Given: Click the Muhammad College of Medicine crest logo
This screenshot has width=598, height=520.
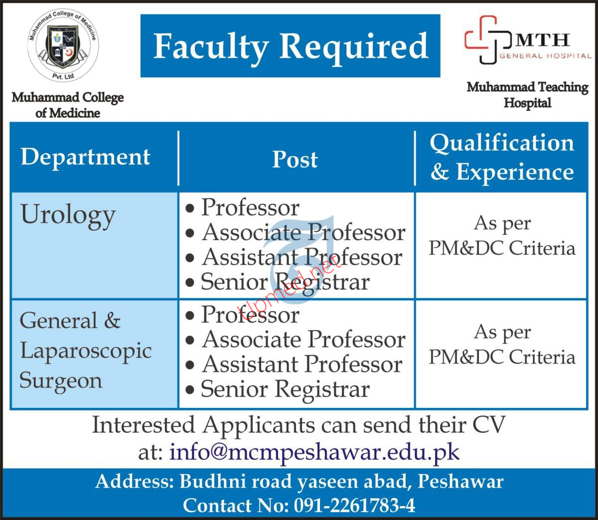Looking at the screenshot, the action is (x=63, y=46).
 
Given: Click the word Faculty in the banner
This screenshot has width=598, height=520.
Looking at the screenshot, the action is (x=211, y=47).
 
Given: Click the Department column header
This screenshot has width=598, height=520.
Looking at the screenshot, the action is (x=85, y=158).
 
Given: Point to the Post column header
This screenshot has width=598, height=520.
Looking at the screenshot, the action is (x=295, y=159).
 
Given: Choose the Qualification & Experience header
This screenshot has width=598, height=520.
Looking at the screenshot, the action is (x=502, y=157).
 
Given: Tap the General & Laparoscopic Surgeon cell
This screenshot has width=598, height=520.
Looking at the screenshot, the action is (x=85, y=351).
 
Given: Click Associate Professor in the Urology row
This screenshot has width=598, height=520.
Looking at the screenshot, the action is (x=303, y=233).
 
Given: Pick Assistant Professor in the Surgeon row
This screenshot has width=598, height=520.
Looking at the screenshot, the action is (x=302, y=365).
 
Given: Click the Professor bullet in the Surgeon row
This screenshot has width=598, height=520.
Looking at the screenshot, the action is (x=250, y=315).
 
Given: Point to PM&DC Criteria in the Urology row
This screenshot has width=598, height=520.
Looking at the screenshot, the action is (x=502, y=249).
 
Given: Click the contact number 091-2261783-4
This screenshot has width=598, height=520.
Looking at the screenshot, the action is (x=354, y=506).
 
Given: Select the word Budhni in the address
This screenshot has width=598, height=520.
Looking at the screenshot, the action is (x=213, y=481).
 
